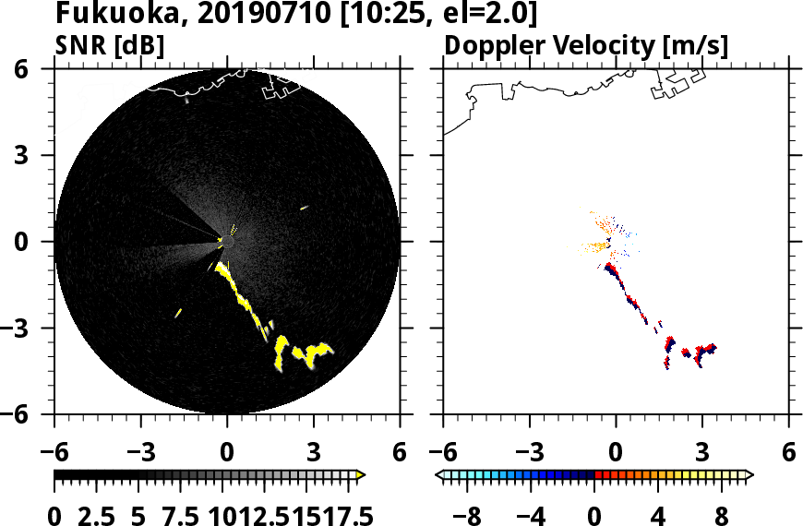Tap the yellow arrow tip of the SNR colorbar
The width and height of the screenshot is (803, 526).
361,475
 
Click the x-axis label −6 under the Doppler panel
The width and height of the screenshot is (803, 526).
443,454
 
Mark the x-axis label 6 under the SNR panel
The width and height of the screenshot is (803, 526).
400,454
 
